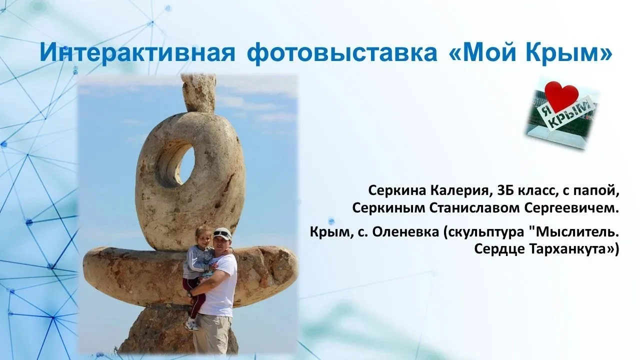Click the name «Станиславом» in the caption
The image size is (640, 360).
pos(474,208)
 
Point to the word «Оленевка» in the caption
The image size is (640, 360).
pos(405,232)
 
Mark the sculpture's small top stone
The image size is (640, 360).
pos(198,93)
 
